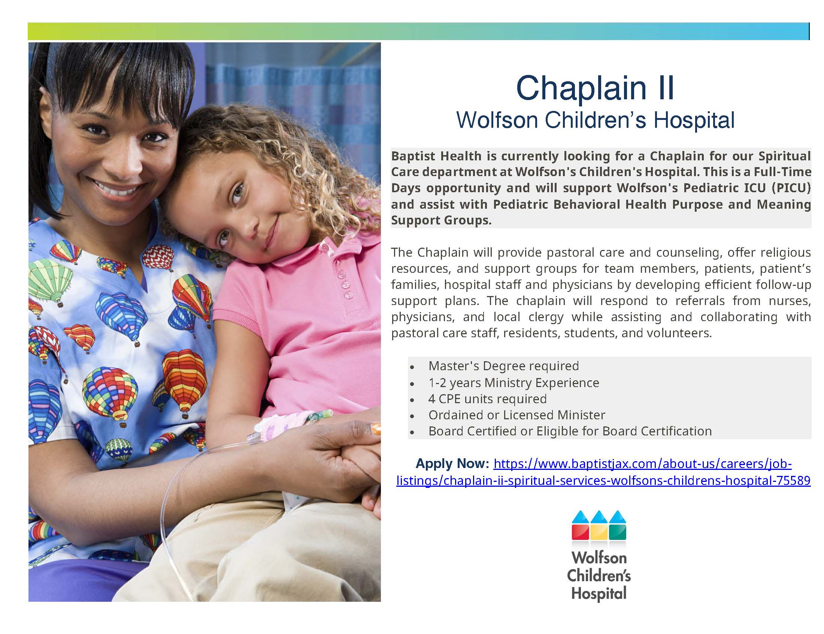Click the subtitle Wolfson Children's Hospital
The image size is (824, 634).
pos(595,120)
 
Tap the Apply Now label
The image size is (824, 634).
pos(452,463)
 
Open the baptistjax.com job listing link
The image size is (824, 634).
pos(603,472)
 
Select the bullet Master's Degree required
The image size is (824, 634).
pos(503,366)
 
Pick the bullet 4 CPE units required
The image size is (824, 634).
pos(487,399)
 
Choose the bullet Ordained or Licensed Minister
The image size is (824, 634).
pos(516,415)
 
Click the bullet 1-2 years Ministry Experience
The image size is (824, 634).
pos(514,383)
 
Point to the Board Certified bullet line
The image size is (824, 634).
pos(570,431)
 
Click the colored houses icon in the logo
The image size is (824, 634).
pos(599,525)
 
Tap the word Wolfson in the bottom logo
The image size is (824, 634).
pos(599,558)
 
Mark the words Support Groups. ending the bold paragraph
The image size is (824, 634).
pos(441,220)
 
